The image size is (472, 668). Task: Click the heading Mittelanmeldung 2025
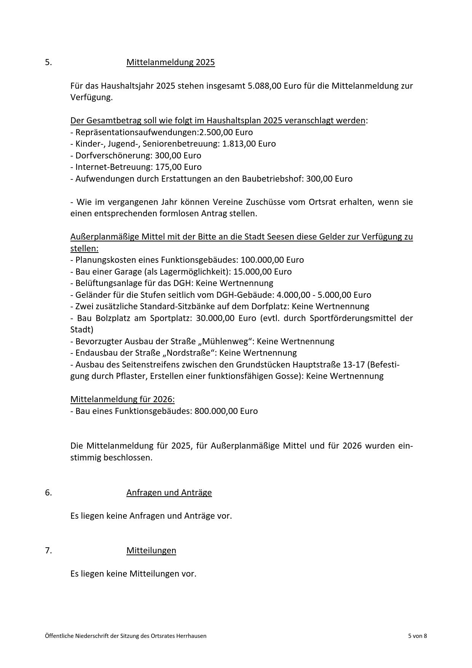(171, 62)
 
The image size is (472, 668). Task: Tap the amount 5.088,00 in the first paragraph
(265, 86)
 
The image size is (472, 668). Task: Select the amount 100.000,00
(262, 260)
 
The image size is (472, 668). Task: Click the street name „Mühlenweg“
(221, 341)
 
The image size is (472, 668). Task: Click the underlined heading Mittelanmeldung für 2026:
(123, 399)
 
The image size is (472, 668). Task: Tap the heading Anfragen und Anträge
(169, 492)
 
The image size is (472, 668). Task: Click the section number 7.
(48, 550)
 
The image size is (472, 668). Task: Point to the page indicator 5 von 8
(417, 636)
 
